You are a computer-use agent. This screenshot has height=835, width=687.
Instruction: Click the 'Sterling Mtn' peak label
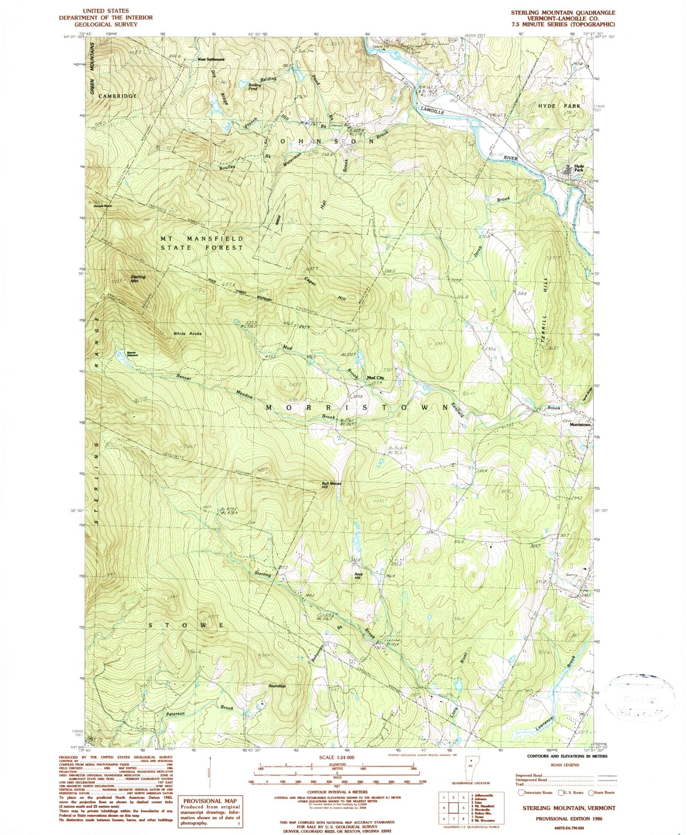pos(138,279)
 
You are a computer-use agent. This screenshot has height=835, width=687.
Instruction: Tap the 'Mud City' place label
pos(375,378)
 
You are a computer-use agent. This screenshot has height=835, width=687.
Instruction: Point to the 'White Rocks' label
pos(187,334)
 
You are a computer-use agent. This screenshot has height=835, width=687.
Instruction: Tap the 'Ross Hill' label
pos(358,576)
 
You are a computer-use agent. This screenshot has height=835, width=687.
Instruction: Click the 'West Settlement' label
pos(211,59)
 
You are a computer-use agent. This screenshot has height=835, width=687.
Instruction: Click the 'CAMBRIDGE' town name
pos(117,96)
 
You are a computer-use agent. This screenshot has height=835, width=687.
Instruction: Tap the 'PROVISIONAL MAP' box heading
pos(209,801)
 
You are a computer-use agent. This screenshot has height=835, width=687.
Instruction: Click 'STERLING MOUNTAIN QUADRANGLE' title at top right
pos(563,13)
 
